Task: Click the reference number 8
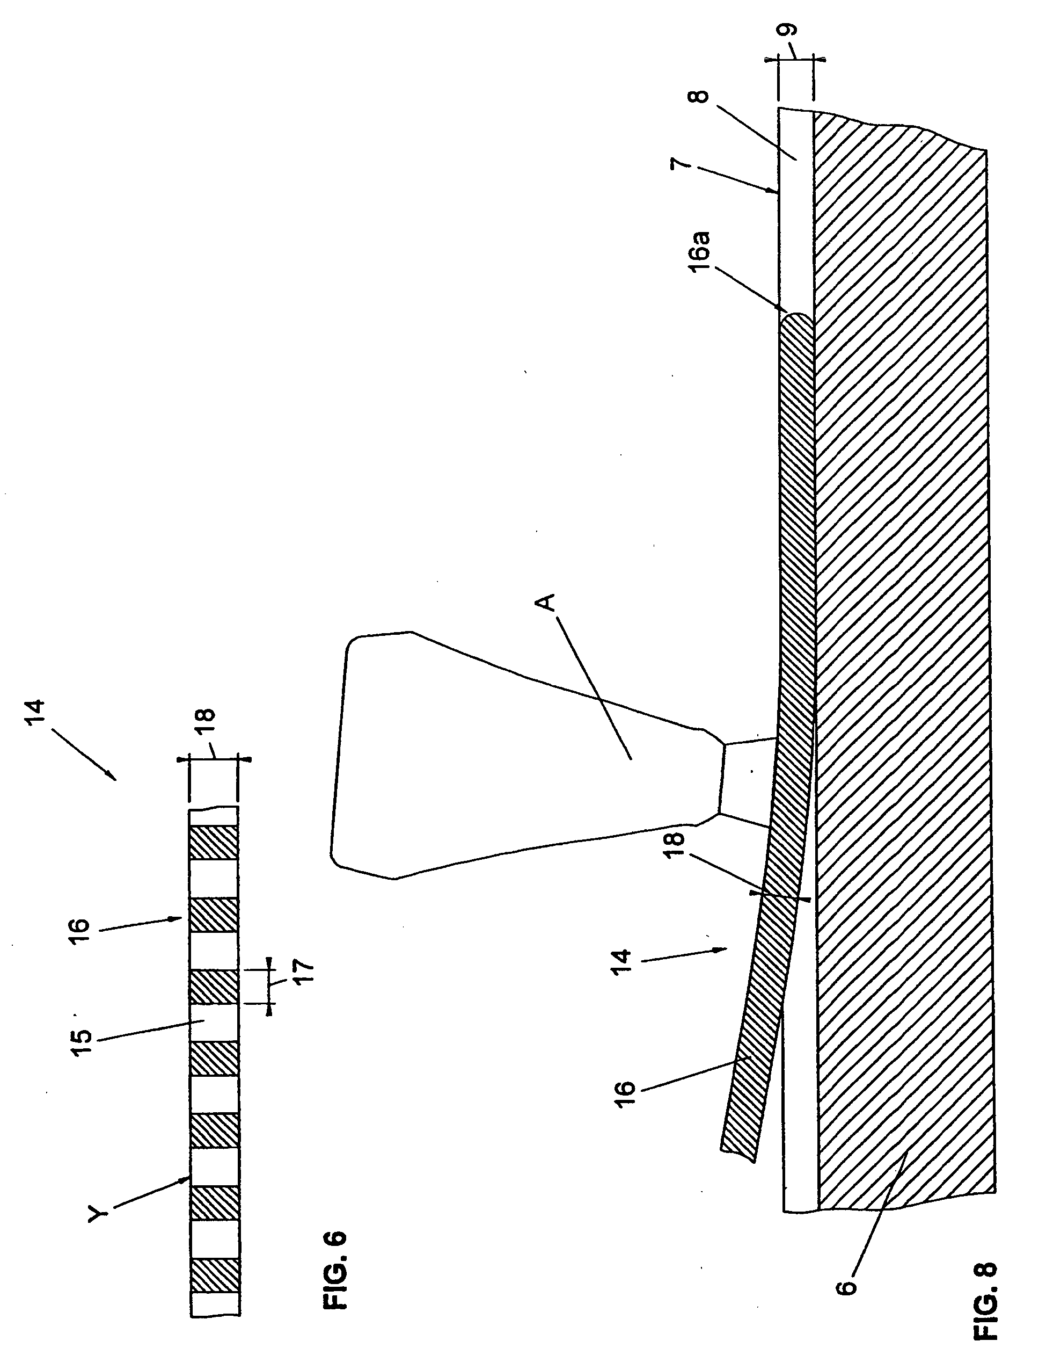click(701, 97)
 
